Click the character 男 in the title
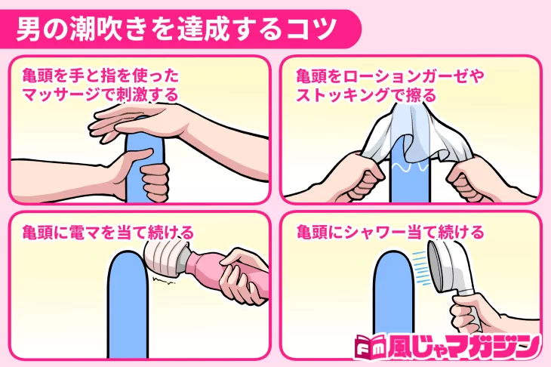[29, 29]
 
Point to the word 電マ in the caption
[85, 233]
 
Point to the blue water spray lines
[421, 269]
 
